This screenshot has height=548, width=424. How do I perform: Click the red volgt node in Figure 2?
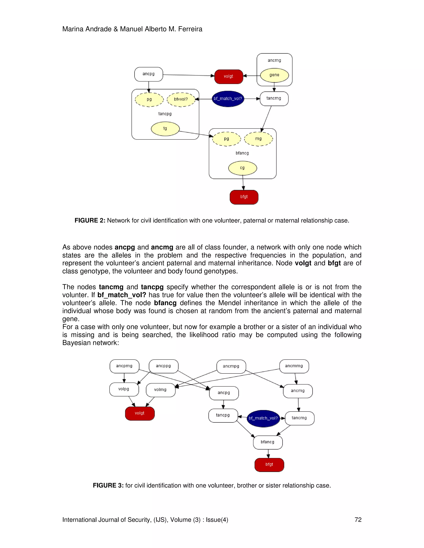coord(229,76)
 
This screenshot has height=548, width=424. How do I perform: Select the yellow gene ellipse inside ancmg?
coord(274,75)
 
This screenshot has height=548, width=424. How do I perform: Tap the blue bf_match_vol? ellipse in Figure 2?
coord(228,99)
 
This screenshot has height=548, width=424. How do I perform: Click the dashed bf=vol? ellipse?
coord(181,99)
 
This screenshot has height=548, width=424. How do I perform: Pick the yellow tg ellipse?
coord(165,128)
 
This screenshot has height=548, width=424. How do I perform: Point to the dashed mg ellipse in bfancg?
coord(258,139)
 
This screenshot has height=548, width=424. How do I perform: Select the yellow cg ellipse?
coord(242,168)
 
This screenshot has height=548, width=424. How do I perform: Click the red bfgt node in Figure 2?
coord(244,197)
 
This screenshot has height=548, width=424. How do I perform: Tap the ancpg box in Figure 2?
coord(148,74)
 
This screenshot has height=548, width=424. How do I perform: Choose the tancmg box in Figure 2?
coord(274,98)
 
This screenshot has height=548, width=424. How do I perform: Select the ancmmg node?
coord(294,366)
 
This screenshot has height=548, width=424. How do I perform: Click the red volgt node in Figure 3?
coord(140,413)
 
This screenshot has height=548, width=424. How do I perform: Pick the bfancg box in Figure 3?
coord(267,442)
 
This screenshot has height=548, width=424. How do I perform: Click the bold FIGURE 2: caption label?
coord(90,221)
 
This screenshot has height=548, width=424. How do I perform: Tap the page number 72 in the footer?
coord(358,520)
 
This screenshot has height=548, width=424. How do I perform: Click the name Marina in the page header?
coord(73,29)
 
